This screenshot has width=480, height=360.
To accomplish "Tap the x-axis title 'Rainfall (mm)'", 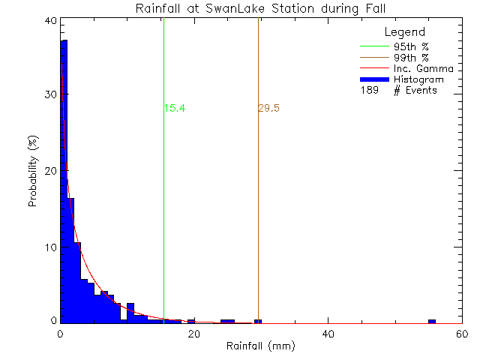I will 260,346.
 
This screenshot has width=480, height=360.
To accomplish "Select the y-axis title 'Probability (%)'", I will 34,171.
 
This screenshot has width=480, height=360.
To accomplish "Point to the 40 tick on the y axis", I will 49,20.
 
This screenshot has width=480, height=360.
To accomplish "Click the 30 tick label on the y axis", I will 49,95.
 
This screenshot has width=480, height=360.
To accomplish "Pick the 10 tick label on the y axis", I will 49,247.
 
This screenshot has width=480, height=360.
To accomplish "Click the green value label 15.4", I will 174,108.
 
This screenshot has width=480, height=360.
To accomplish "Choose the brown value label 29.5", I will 268,108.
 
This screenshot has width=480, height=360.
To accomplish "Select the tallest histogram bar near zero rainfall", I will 64,180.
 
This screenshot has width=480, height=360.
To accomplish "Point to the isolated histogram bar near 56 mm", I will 432,321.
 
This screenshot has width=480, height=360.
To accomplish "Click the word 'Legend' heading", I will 404,32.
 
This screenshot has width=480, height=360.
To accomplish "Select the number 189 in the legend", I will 369,90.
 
